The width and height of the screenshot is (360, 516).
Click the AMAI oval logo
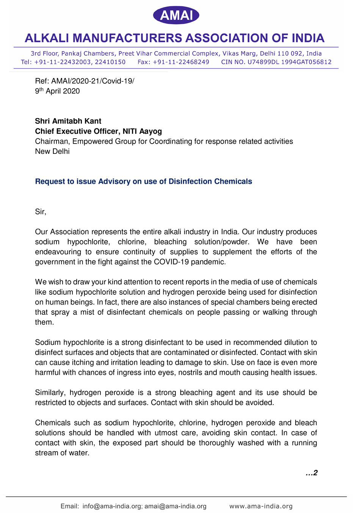click(x=176, y=15)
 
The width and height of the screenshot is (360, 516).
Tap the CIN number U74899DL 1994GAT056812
click(x=290, y=62)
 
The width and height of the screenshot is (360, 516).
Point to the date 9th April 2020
click(x=57, y=91)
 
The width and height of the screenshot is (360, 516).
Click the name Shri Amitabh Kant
click(x=68, y=121)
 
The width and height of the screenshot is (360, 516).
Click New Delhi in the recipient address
click(x=52, y=152)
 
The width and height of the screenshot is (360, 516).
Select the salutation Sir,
click(x=41, y=212)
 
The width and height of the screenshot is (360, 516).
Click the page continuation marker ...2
click(x=311, y=473)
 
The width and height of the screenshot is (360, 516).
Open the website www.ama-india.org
click(x=261, y=506)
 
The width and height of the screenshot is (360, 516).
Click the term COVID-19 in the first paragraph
click(x=171, y=262)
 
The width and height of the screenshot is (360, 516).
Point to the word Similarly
click(x=50, y=392)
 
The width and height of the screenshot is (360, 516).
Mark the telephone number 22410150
click(x=110, y=62)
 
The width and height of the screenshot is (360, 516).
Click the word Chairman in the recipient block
click(x=52, y=141)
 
